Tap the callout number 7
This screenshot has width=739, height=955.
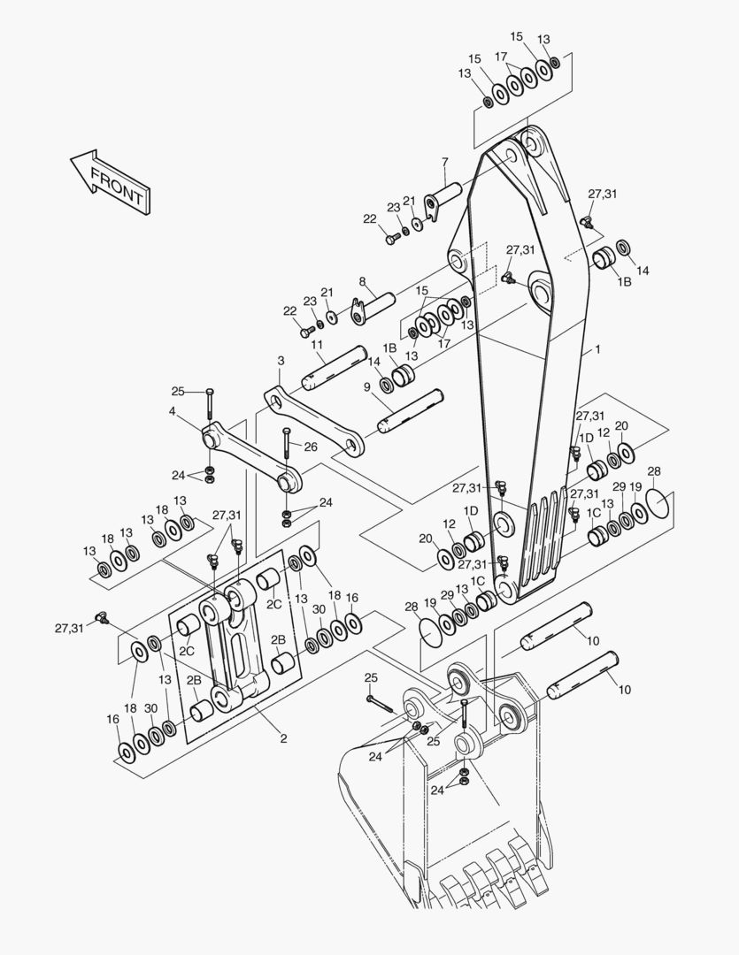(445, 162)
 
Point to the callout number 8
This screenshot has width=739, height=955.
(362, 281)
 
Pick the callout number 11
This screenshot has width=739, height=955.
(317, 344)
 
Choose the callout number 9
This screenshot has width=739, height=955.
(366, 386)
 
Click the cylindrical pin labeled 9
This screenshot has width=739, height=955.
(411, 411)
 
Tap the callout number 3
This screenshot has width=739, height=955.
(281, 361)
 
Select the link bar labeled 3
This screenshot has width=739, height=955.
(314, 421)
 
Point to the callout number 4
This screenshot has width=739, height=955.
(173, 410)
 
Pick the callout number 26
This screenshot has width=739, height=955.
(311, 447)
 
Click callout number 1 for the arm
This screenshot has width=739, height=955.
(597, 350)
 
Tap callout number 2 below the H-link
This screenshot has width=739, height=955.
(283, 739)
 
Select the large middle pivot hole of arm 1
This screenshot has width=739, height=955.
(541, 291)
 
